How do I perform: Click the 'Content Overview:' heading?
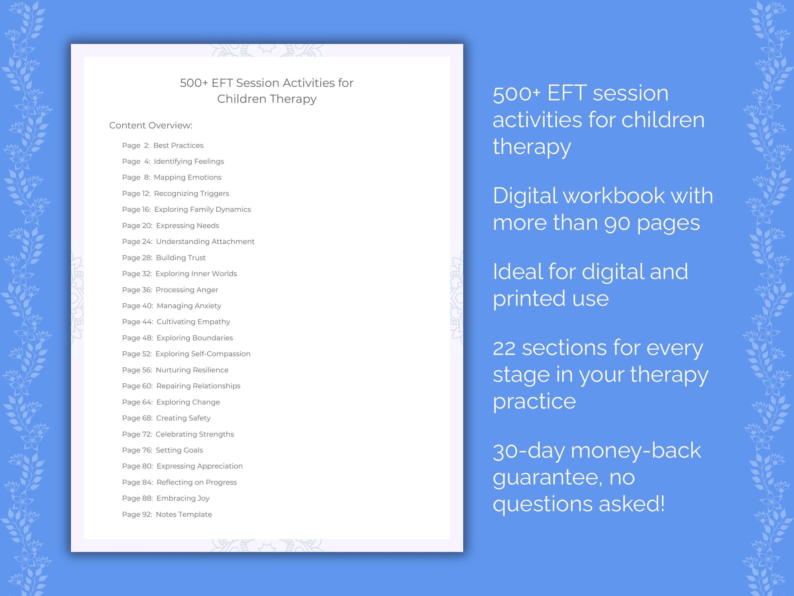coord(151,125)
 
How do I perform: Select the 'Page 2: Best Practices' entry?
coord(162,145)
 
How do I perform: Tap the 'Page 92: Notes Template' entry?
coord(167,514)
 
